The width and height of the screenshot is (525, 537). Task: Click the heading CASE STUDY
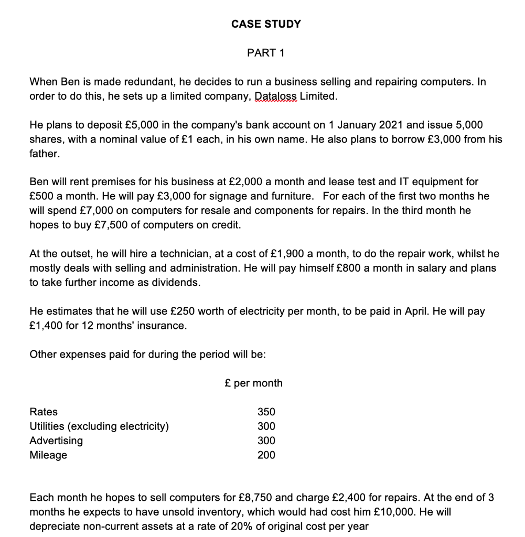click(x=266, y=24)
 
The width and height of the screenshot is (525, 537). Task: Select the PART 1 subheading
click(x=266, y=53)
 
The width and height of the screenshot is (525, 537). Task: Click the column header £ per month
click(x=253, y=383)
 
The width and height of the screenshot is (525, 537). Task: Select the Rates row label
click(x=44, y=412)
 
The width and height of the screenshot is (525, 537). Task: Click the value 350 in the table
click(x=266, y=412)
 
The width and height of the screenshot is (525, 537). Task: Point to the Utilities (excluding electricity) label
click(x=99, y=426)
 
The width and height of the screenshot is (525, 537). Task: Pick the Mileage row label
click(x=48, y=455)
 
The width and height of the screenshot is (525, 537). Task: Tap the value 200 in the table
click(x=266, y=455)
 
